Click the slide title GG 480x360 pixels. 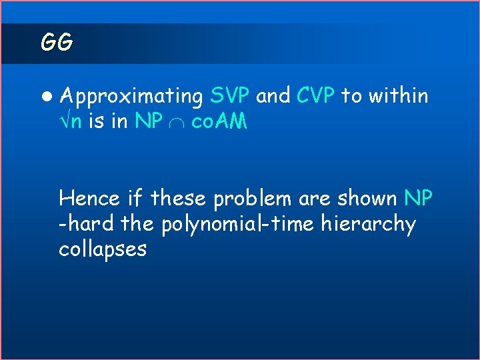pos(56,43)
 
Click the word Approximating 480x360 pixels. pos(131,97)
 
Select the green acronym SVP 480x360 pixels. pos(229,96)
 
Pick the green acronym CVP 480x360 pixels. pos(316,96)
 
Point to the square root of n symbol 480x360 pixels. pos(71,122)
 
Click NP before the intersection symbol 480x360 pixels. pos(147,121)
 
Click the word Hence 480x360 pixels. pos(88,198)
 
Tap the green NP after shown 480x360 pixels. pos(419,198)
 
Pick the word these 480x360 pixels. pos(178,198)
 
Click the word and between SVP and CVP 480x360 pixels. pos(273,96)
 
